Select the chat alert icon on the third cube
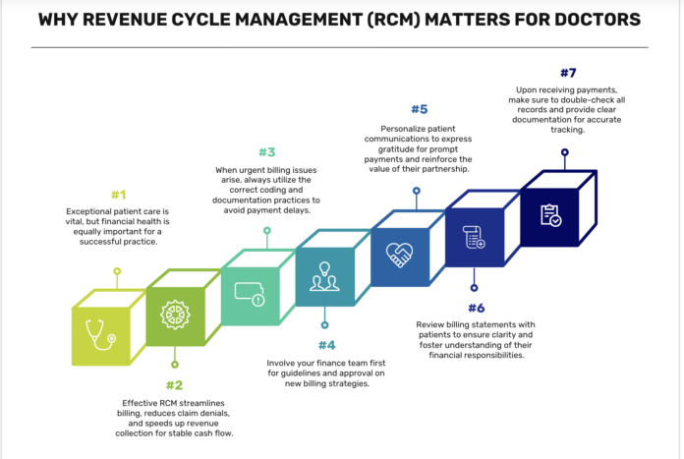coord(249,296)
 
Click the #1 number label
coord(118,195)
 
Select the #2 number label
coord(174,385)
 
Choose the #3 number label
coord(266,152)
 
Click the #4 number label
coord(326,344)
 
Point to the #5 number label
coord(417,109)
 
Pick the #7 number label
coord(567,73)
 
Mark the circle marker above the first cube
coord(117,269)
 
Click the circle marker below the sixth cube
coord(473,288)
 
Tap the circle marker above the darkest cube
coord(565,152)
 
